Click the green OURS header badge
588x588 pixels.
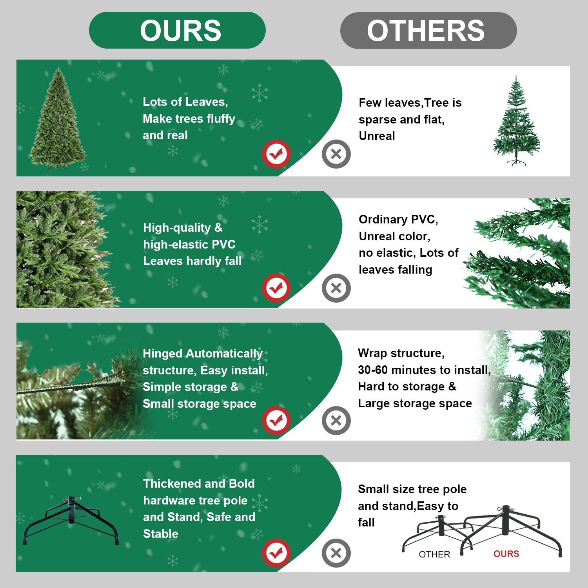177,30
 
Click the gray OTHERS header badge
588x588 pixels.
428,31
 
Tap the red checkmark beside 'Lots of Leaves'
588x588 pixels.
276,154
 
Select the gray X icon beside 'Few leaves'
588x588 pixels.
336,154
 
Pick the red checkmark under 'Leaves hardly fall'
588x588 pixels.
276,288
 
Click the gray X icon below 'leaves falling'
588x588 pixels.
336,288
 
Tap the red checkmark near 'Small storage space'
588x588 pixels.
276,421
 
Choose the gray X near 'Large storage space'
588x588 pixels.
336,421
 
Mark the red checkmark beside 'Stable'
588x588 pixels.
276,553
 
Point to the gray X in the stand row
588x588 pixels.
336,553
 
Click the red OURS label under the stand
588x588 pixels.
506,554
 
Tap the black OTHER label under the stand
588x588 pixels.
434,554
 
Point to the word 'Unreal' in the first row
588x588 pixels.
377,136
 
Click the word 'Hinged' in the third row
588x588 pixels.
163,354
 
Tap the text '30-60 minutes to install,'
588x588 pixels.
424,370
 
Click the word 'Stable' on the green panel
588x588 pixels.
160,534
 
